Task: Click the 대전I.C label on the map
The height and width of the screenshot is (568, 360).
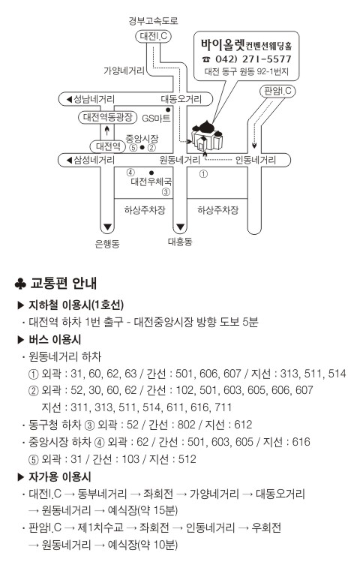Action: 153,36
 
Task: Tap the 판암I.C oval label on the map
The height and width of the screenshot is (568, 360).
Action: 277,91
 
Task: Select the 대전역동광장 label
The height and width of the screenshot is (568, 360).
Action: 107,117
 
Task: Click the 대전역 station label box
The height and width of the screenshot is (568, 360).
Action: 108,146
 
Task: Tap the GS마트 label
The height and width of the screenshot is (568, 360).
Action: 156,118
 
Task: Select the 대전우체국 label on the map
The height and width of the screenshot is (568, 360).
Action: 151,181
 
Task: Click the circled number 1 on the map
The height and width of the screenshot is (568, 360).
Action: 203,174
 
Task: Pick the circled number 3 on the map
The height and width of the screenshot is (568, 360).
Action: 166,192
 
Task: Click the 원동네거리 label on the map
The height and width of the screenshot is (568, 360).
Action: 180,160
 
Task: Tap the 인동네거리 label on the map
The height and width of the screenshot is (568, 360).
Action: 256,160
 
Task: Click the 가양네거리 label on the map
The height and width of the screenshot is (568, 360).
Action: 124,71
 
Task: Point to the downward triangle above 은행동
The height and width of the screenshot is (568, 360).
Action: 107,228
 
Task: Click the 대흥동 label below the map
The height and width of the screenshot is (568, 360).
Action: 180,242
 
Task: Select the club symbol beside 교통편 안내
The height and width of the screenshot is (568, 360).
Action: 20,284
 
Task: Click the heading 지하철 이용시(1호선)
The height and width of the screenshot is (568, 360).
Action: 76,305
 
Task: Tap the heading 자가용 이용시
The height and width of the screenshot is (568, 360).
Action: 60,476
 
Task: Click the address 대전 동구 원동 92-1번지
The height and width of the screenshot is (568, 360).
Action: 247,71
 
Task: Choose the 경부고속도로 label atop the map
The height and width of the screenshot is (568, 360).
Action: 154,21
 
